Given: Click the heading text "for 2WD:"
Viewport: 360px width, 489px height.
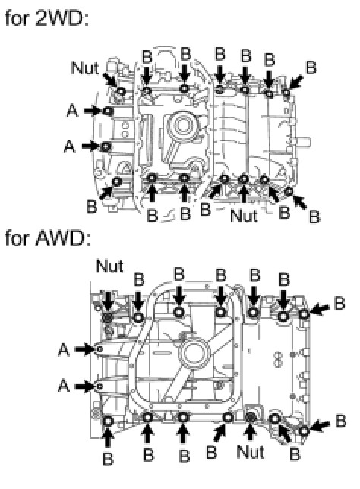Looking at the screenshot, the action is coord(47,19).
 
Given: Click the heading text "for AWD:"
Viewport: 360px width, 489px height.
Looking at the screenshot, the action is coord(48,238).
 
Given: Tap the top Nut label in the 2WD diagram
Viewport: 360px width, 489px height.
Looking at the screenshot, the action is coord(85,68).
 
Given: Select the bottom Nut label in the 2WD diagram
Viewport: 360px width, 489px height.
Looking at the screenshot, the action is coord(244,216).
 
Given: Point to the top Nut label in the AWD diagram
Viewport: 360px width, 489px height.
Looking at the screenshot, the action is coord(109,266).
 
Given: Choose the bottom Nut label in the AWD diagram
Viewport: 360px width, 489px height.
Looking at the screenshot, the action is coord(251,452).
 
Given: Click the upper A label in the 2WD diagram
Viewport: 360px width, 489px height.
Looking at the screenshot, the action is coord(72,111).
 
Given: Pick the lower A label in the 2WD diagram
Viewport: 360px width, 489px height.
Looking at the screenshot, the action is coord(70,146).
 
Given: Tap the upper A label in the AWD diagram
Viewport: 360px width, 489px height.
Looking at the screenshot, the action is coord(64,349).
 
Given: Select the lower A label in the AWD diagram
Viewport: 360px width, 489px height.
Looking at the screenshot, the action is coord(64,386).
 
